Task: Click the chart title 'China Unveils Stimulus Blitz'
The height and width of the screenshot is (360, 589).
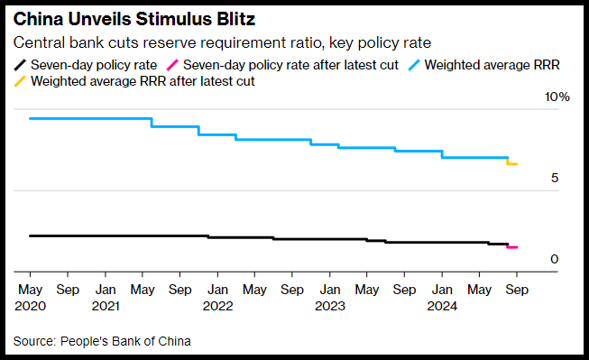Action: (134, 19)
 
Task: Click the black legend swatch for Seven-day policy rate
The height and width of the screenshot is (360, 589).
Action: (20, 65)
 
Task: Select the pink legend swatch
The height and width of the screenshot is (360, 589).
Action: (172, 65)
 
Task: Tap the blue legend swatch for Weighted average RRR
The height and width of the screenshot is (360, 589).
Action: (414, 65)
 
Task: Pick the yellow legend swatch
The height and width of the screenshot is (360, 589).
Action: (20, 81)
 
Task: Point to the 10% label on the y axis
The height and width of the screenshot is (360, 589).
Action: (557, 97)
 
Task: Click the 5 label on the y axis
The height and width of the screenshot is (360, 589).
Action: (555, 178)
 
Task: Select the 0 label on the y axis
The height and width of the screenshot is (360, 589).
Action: (555, 259)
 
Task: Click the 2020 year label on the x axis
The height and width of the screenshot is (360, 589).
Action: (30, 306)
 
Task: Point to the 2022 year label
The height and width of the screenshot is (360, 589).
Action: (218, 306)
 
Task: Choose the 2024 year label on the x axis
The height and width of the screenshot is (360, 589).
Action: (442, 306)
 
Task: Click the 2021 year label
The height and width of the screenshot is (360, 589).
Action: (106, 306)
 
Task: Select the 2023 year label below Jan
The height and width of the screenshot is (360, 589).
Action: (330, 306)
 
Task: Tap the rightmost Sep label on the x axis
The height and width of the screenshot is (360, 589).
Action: (517, 290)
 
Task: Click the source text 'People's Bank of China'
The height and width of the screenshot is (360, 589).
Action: (125, 341)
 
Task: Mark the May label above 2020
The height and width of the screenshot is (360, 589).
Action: (30, 290)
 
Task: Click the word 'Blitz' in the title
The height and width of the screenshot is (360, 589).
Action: (236, 19)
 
